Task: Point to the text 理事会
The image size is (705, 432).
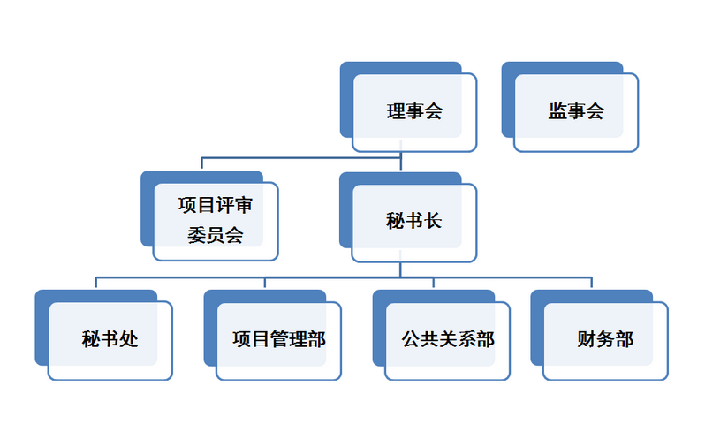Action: (414, 111)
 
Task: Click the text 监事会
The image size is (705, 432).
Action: (576, 111)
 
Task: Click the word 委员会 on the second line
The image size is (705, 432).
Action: (215, 235)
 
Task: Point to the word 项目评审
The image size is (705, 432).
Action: (215, 206)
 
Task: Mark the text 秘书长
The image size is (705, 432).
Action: (414, 221)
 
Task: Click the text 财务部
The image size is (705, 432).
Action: (605, 339)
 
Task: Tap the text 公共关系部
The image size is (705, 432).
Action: (448, 339)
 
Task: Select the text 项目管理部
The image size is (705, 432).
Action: (278, 339)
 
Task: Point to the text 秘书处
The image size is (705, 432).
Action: (110, 339)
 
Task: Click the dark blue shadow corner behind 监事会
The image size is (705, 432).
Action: (507, 68)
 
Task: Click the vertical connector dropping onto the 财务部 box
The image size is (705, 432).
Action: (591, 283)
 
